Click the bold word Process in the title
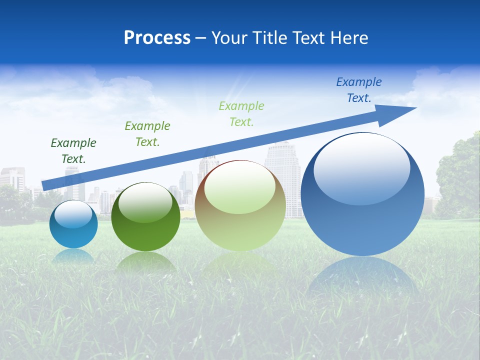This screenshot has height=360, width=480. click(157, 38)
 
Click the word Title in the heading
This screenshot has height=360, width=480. click(270, 38)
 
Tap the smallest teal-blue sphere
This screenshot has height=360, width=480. click(73, 224)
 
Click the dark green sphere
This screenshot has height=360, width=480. click(145, 217)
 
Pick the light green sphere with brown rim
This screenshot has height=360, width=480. click(240, 206)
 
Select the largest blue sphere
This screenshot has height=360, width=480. click(362, 195)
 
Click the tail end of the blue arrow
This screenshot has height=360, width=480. click(44, 185)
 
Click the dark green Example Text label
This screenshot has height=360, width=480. click(73, 151)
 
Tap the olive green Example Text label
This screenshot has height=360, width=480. click(147, 134)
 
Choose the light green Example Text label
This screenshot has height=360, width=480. click(241, 114)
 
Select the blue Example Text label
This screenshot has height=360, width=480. click(359, 90)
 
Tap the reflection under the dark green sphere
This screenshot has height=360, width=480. click(145, 262)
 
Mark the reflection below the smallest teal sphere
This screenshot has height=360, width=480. click(73, 256)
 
